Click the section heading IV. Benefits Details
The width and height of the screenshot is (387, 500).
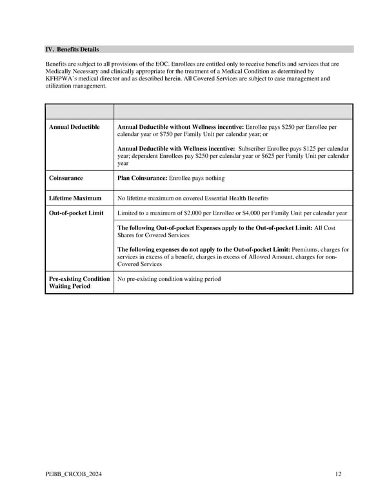point(72,50)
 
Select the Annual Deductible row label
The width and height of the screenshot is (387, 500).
point(74,128)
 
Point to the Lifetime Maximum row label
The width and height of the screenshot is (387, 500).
point(75,198)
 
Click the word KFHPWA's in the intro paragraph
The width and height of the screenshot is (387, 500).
point(63,79)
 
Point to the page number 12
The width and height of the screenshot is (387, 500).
point(338,475)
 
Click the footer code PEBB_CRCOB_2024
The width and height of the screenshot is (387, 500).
point(73,475)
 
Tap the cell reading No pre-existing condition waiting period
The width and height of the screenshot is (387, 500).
point(168,279)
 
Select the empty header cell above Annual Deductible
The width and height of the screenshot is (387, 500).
point(79,111)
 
